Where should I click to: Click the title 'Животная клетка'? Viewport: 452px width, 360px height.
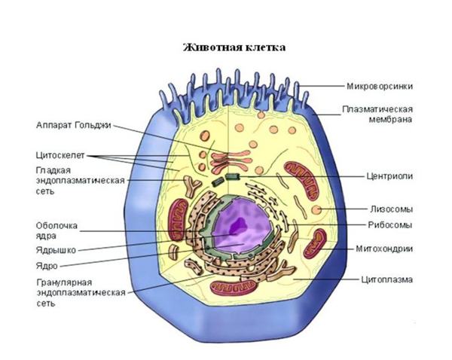pos(234,47)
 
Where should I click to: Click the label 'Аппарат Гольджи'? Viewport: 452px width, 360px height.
pos(72,125)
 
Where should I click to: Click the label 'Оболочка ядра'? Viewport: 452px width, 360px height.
pos(56,230)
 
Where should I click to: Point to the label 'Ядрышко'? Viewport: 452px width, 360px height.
pos(55,250)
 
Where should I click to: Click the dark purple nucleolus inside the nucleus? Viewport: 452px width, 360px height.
pos(238,224)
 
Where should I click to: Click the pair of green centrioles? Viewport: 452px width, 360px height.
pos(225,179)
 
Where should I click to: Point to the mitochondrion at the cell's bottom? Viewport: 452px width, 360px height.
pos(228,287)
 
